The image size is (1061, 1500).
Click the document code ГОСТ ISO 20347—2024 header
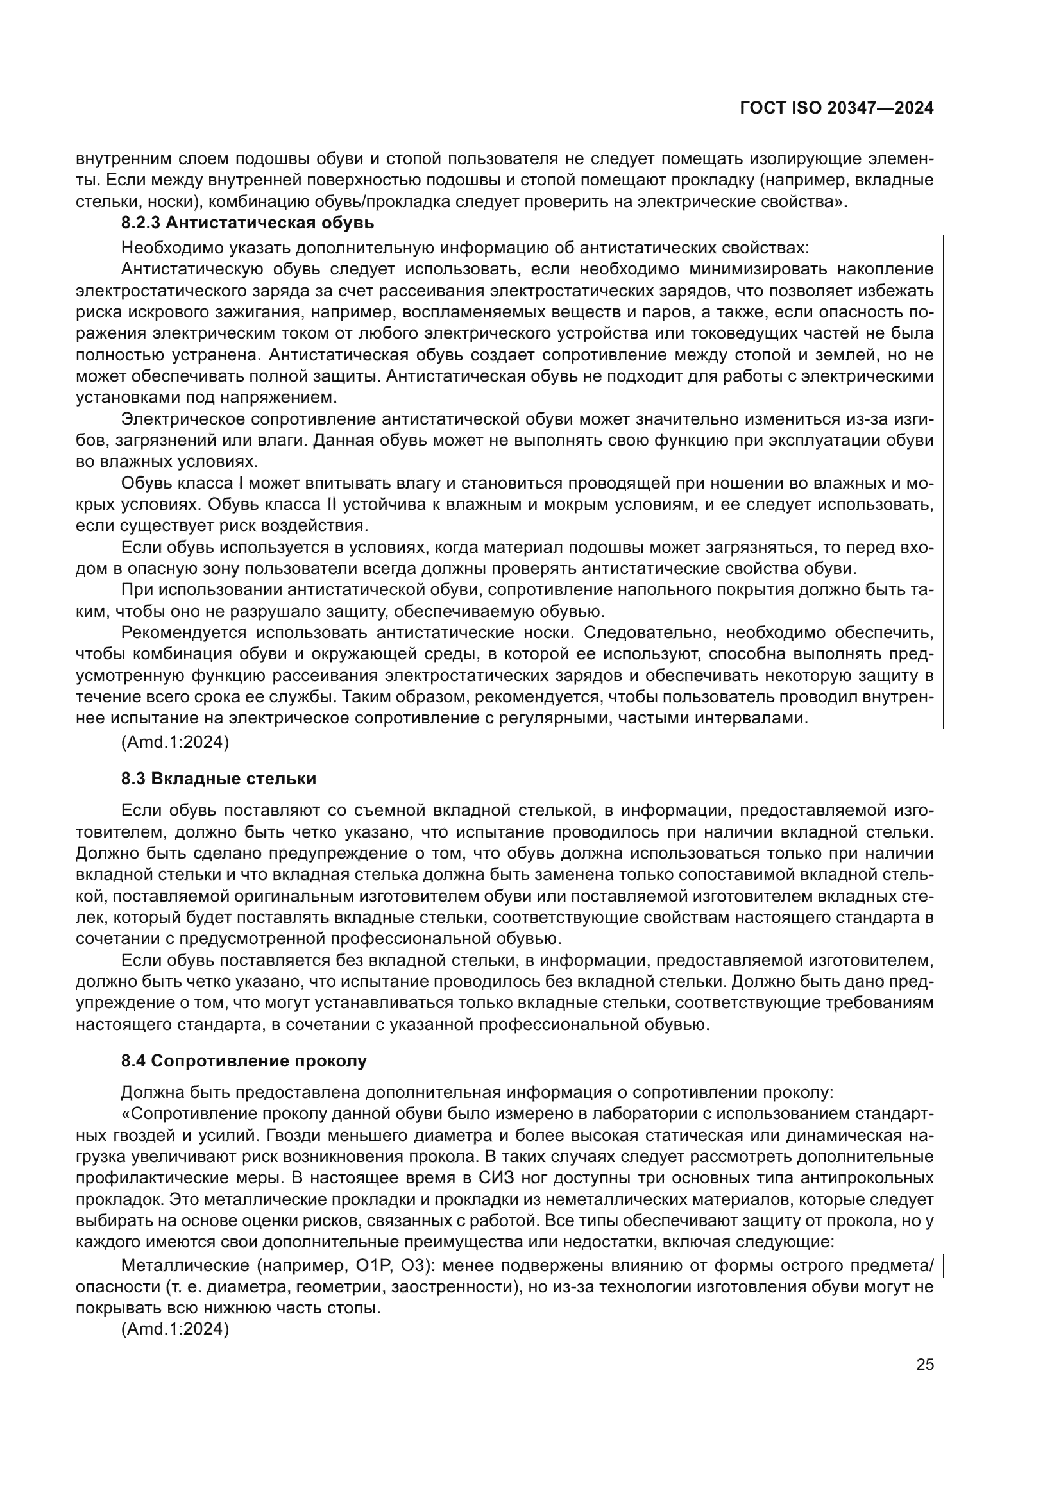(x=836, y=108)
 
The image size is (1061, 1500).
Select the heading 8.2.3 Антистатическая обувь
(x=248, y=223)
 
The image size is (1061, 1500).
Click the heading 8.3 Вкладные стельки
(x=218, y=778)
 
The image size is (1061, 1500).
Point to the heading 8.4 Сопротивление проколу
(x=244, y=1060)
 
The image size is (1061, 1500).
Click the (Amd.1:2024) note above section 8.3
(x=175, y=742)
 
